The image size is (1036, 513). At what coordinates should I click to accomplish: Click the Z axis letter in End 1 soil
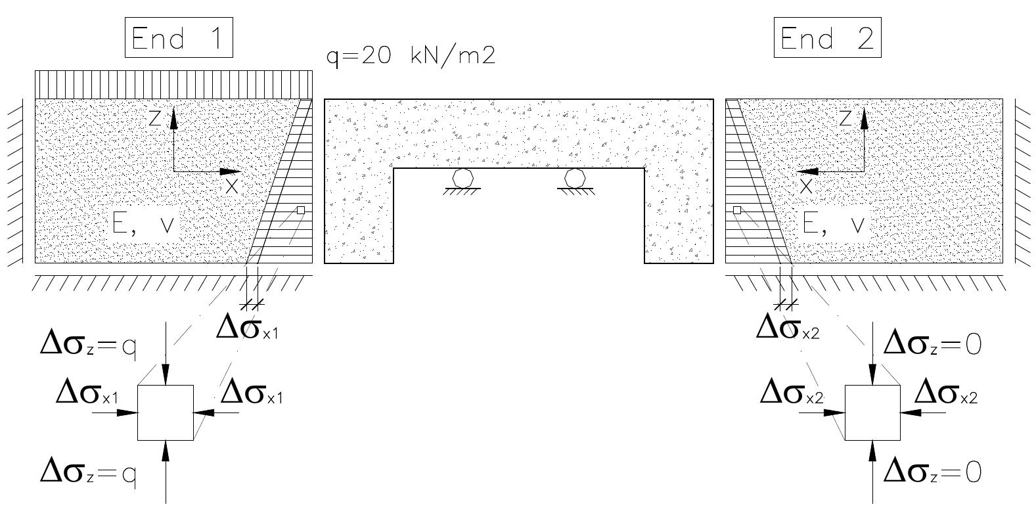click(155, 118)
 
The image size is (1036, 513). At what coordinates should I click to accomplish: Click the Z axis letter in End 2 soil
click(845, 118)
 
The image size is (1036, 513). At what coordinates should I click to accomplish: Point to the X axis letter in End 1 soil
click(232, 186)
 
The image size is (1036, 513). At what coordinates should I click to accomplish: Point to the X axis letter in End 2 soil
click(806, 186)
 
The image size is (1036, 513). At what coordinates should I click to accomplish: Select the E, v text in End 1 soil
click(143, 225)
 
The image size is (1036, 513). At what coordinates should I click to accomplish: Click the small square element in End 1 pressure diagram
click(301, 210)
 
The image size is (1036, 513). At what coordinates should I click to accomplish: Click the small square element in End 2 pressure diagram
click(737, 210)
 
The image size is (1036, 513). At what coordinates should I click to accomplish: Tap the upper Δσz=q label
click(88, 345)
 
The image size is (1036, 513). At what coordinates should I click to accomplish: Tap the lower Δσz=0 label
click(932, 472)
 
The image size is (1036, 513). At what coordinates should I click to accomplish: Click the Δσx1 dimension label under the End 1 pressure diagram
click(248, 328)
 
